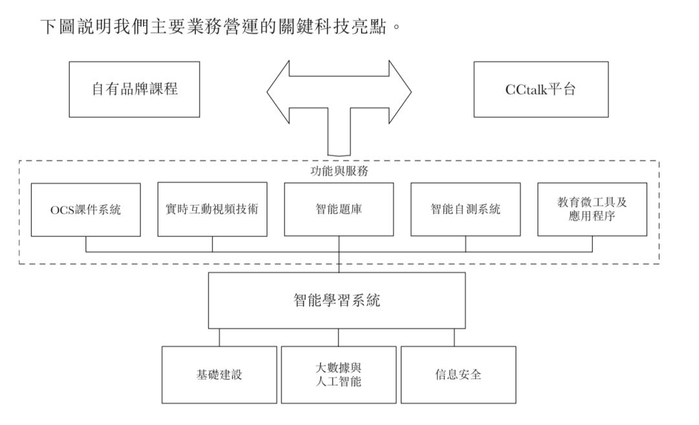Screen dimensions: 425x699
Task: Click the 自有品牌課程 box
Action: click(134, 89)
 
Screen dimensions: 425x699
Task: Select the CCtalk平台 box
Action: click(540, 89)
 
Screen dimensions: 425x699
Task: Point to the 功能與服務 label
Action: click(340, 172)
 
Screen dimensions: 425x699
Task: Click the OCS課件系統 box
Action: click(85, 210)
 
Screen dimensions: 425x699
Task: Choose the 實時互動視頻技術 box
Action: click(212, 210)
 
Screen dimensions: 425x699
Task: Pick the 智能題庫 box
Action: click(338, 210)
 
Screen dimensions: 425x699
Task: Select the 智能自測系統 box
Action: click(465, 210)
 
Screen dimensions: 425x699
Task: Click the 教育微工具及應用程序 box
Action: click(592, 210)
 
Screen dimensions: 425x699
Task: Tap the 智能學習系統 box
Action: click(337, 300)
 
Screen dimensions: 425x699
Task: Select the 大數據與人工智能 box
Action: click(338, 375)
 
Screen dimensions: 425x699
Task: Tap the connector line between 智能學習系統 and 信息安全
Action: click(454, 337)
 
